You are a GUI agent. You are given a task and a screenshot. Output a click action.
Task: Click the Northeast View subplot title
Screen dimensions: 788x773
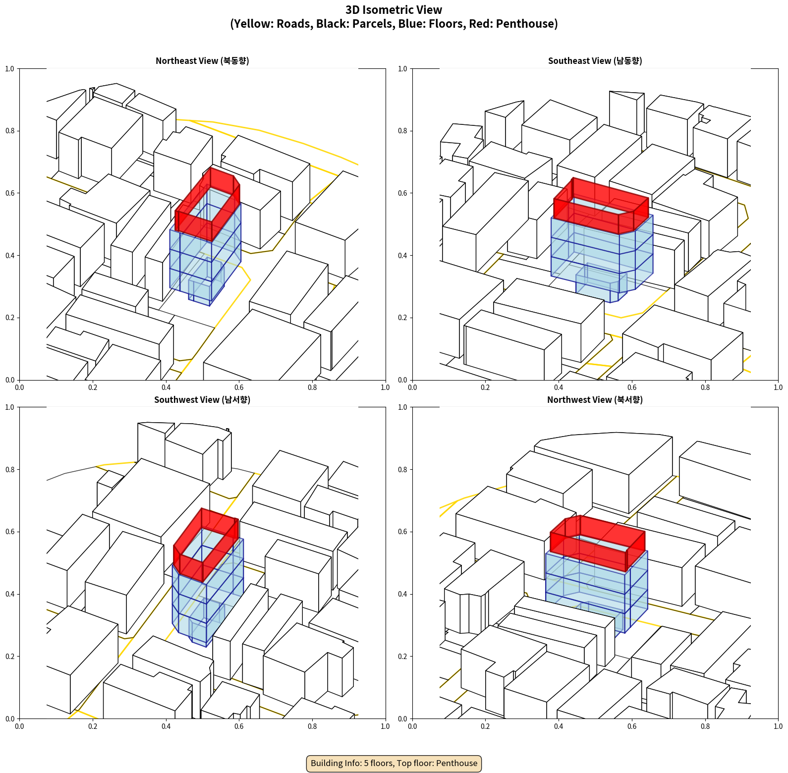[x=202, y=61]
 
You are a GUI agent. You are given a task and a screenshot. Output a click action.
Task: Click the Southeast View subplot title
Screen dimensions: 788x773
[x=595, y=61]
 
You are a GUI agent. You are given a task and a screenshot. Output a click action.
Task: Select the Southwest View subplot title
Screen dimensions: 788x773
[x=202, y=400]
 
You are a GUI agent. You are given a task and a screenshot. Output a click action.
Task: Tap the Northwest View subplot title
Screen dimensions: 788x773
[x=595, y=400]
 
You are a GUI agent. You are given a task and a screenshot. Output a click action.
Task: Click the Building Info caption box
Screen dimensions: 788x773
[x=394, y=763]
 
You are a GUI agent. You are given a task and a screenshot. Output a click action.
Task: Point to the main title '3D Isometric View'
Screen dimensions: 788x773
[x=394, y=10]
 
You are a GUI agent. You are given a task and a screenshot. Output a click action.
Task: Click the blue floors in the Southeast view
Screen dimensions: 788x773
[x=602, y=258]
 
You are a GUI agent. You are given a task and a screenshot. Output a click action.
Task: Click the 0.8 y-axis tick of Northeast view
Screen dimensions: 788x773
[x=10, y=131]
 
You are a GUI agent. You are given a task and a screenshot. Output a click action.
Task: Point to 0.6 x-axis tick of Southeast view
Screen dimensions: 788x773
[x=632, y=387]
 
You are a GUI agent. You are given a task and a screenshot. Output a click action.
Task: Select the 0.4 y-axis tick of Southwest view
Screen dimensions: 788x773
[x=10, y=594]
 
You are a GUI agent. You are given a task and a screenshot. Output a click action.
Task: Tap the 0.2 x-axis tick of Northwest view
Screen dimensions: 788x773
[x=485, y=726]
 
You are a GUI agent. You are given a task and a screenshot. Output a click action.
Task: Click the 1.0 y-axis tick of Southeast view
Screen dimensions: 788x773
[x=402, y=69]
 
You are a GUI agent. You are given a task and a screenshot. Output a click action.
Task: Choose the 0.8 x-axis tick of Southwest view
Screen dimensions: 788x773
[x=312, y=726]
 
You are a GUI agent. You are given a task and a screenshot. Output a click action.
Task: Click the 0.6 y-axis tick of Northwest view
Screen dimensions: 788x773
[x=402, y=532]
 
